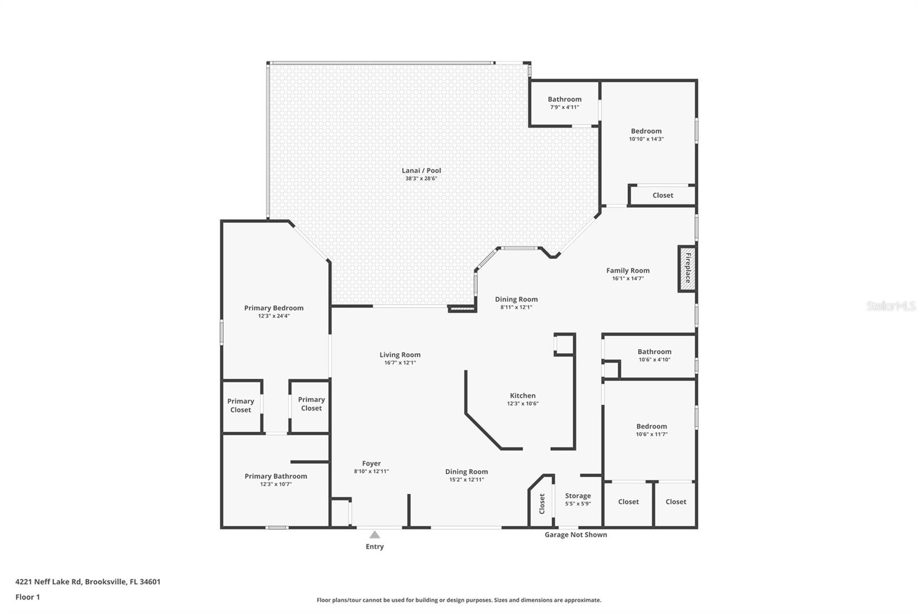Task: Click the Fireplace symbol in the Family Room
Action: pos(687,268)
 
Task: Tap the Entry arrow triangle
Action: pos(375,534)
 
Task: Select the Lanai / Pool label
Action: pos(421,171)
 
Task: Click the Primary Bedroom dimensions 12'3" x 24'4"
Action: pos(274,316)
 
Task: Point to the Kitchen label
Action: pos(523,396)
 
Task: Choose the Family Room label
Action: pos(628,270)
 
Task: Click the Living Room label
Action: pos(400,355)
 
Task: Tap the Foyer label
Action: pos(371,463)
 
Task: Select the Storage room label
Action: pos(578,495)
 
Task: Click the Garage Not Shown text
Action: pos(575,534)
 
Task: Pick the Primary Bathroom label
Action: pos(275,476)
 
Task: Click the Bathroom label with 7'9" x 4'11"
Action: pos(565,99)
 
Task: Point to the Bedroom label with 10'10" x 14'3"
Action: pos(646,131)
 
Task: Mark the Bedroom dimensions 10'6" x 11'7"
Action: pos(651,435)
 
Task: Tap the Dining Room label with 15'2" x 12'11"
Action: pos(466,472)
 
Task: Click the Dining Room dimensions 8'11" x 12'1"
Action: pos(516,307)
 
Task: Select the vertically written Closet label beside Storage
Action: pos(542,503)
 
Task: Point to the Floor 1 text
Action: pos(28,597)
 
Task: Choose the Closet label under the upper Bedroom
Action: pos(663,195)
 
